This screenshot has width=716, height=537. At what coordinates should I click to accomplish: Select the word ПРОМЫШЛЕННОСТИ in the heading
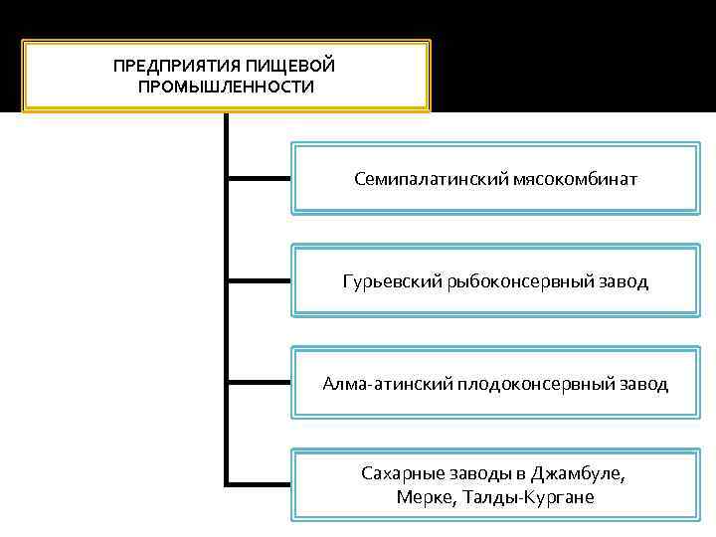[227, 87]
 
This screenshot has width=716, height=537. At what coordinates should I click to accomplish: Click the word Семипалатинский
[432, 180]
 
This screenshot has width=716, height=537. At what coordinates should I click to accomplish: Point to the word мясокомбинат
[576, 180]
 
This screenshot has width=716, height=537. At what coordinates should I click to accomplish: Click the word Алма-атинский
[388, 383]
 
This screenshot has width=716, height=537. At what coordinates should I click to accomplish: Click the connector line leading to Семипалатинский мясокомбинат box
[260, 179]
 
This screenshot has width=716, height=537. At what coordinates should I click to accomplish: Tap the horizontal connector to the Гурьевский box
[260, 280]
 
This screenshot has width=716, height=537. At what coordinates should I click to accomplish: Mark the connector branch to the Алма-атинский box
[260, 382]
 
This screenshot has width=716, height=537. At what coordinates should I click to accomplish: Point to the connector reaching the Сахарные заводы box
[260, 484]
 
